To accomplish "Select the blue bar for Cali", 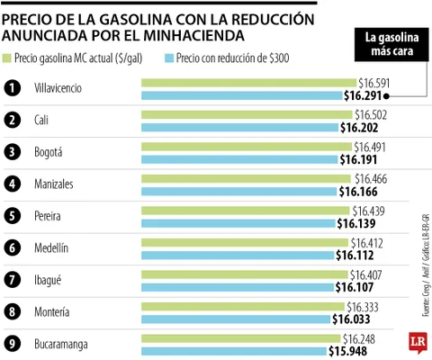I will pyautogui.click(x=239, y=128).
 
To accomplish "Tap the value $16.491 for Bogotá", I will pyautogui.click(x=371, y=147).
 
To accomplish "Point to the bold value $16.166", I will pyautogui.click(x=357, y=192).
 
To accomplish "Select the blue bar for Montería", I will pyautogui.click(x=235, y=319).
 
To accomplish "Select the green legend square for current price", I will pyautogui.click(x=8, y=58).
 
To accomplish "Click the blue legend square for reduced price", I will pyautogui.click(x=171, y=58).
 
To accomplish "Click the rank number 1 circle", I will pyautogui.click(x=13, y=87).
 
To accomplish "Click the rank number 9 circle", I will pyautogui.click(x=13, y=345).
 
